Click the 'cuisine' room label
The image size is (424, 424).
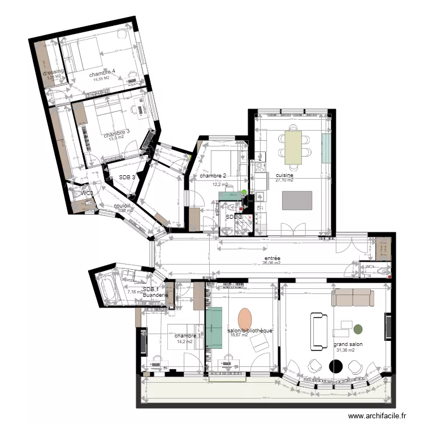pos(284,175)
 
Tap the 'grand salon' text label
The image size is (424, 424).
pos(348,344)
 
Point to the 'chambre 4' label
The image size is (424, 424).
pos(102,72)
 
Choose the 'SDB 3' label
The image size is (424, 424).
pos(127,177)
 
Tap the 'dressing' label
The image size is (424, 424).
pos(54,72)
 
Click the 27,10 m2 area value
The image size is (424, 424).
pos(284,181)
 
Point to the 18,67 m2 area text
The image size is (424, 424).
pos(239,335)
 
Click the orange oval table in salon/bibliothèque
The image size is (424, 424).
pos(245,319)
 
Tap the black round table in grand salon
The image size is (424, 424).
pos(336,366)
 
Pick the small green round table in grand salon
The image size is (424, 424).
pos(358,328)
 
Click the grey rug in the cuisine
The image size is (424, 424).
pos(297,201)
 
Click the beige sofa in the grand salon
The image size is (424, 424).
pos(353,297)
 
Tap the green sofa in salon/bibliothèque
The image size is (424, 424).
pos(214,327)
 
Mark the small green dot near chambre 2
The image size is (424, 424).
pos(244,193)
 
